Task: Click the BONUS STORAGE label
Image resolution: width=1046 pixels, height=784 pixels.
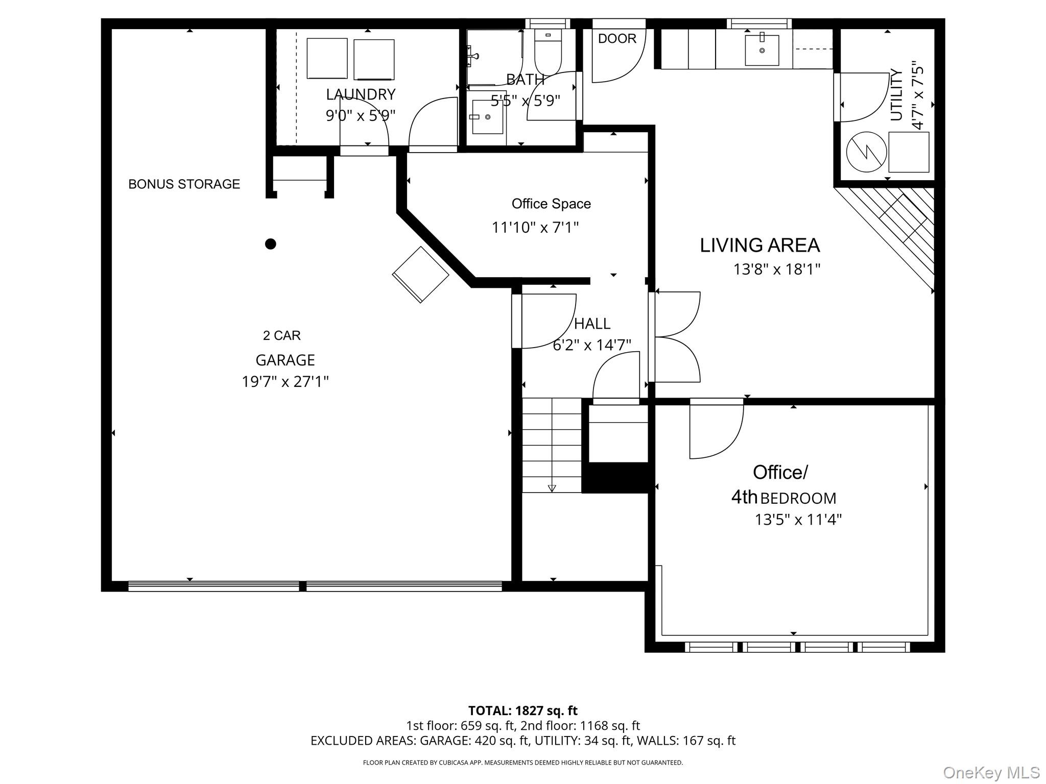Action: [184, 184]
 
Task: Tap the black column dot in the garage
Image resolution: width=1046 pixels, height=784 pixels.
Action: [271, 244]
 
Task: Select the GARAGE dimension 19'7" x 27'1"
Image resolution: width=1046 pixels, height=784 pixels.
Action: [285, 382]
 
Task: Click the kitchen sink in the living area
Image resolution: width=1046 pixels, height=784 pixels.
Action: [762, 50]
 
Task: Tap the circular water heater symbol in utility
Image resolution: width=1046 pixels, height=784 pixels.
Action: [866, 152]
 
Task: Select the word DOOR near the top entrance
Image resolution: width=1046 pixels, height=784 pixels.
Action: [617, 39]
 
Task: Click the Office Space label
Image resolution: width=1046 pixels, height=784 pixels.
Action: [551, 204]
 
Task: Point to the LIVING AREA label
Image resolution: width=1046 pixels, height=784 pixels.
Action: [759, 246]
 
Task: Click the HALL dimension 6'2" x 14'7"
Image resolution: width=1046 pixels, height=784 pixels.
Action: [592, 346]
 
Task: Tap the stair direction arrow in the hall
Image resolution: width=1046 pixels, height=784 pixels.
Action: [552, 488]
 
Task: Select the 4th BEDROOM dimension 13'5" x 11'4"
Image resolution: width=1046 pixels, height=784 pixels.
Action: [798, 520]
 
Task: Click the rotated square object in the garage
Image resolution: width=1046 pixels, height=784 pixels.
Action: [420, 275]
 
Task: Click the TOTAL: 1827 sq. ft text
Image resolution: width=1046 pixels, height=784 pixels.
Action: [522, 710]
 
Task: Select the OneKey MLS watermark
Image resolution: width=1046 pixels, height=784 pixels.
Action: [991, 773]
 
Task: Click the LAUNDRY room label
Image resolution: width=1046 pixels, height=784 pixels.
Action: [361, 94]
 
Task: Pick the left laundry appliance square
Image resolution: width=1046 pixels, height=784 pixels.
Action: [327, 59]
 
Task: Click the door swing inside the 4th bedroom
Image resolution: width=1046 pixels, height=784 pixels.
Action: [715, 431]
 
